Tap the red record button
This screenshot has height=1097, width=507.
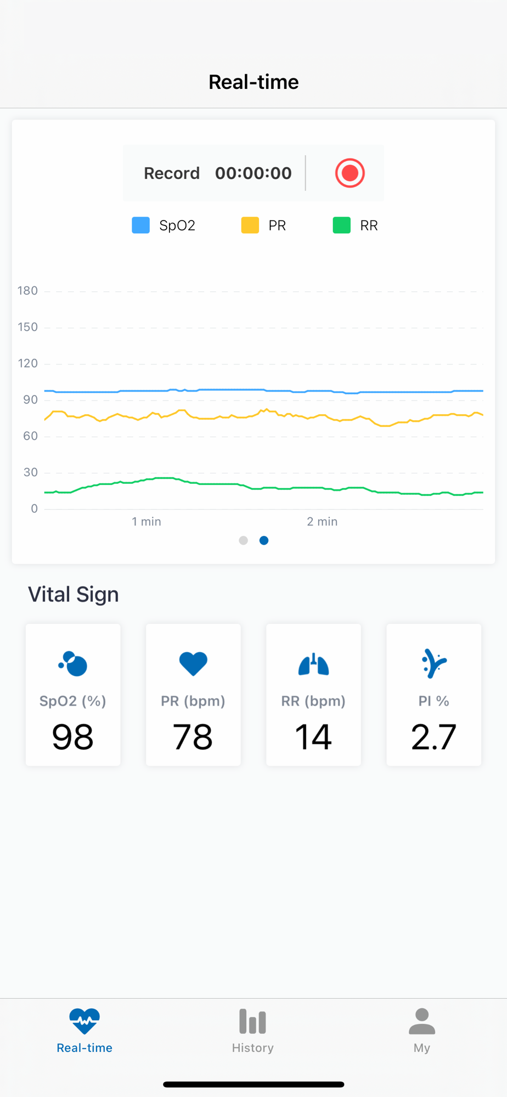pyautogui.click(x=350, y=173)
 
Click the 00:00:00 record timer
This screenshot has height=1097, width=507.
pyautogui.click(x=253, y=173)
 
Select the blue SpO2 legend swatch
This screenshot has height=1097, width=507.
pyautogui.click(x=141, y=225)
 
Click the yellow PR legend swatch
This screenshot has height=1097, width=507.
pyautogui.click(x=250, y=225)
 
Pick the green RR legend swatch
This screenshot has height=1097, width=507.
pyautogui.click(x=342, y=225)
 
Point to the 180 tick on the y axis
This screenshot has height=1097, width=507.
pyautogui.click(x=27, y=291)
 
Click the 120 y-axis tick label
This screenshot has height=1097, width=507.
pyautogui.click(x=27, y=363)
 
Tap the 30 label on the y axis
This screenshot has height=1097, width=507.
pyautogui.click(x=30, y=472)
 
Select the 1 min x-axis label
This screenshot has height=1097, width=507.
pyautogui.click(x=147, y=522)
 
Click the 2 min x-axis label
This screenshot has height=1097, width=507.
pyautogui.click(x=322, y=522)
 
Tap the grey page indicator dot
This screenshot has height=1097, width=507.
pyautogui.click(x=244, y=540)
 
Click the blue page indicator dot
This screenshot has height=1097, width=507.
pyautogui.click(x=264, y=540)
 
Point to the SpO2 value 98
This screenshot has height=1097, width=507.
pyautogui.click(x=73, y=737)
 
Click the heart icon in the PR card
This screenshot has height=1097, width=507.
pyautogui.click(x=193, y=664)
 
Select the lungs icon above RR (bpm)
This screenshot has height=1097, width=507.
pyautogui.click(x=313, y=664)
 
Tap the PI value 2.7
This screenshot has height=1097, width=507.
pyautogui.click(x=433, y=737)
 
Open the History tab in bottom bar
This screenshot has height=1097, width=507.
pyautogui.click(x=253, y=1030)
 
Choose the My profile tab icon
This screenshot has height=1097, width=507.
pyautogui.click(x=421, y=1022)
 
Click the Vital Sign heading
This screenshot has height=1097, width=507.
pyautogui.click(x=74, y=595)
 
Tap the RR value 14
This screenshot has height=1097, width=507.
pyautogui.click(x=313, y=737)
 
